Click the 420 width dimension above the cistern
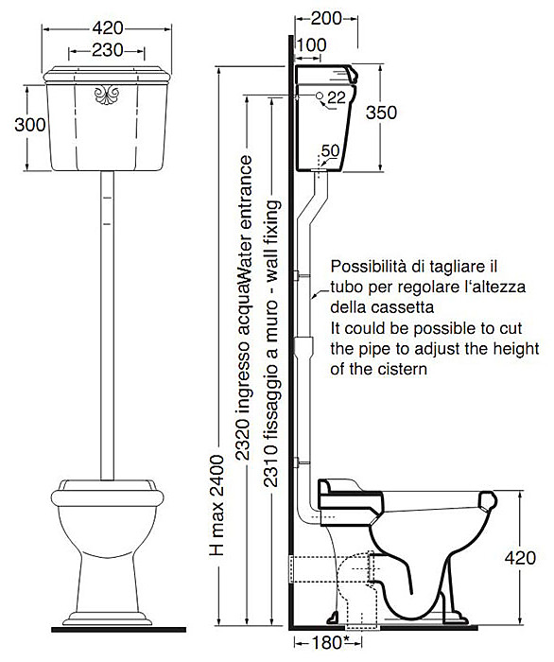pos(108,28)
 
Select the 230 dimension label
pos(108,51)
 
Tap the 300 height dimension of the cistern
pos(30,125)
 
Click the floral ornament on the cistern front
pos(107,95)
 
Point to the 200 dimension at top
pos(326,18)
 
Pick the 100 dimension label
pos(311,44)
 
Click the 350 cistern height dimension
pos(381,113)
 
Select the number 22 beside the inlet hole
pos(337,98)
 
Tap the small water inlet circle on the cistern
pos(320,96)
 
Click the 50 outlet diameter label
pos(330,150)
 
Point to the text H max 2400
pos(217,505)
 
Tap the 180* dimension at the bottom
pos(330,642)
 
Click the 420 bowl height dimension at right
pos(520,558)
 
